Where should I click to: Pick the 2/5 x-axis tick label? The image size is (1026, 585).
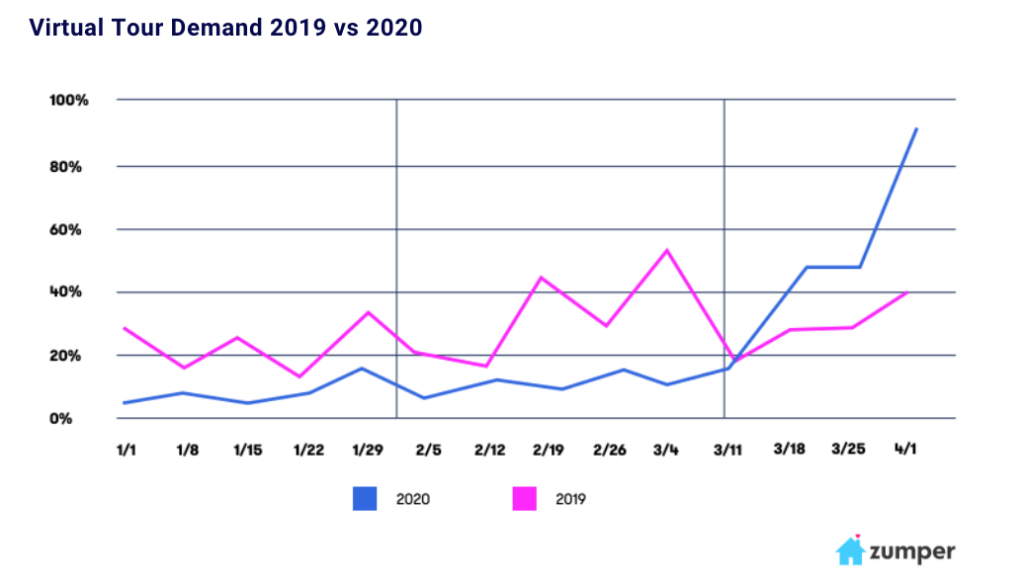click(428, 450)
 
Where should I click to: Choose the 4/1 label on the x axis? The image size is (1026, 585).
click(906, 450)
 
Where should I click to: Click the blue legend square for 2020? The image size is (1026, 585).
click(366, 499)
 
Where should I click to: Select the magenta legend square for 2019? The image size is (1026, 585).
click(524, 499)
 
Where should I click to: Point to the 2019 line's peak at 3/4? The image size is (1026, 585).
click(668, 250)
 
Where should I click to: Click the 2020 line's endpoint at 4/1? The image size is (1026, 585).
click(916, 128)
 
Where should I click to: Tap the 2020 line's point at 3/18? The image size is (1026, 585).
click(807, 267)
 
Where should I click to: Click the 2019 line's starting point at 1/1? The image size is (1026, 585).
click(125, 327)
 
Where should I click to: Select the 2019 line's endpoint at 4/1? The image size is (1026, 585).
click(906, 292)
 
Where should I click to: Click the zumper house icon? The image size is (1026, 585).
click(851, 550)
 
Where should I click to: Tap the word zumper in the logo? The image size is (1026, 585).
click(911, 551)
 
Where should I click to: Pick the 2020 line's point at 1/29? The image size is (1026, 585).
click(362, 369)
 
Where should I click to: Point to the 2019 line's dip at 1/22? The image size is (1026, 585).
click(300, 376)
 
